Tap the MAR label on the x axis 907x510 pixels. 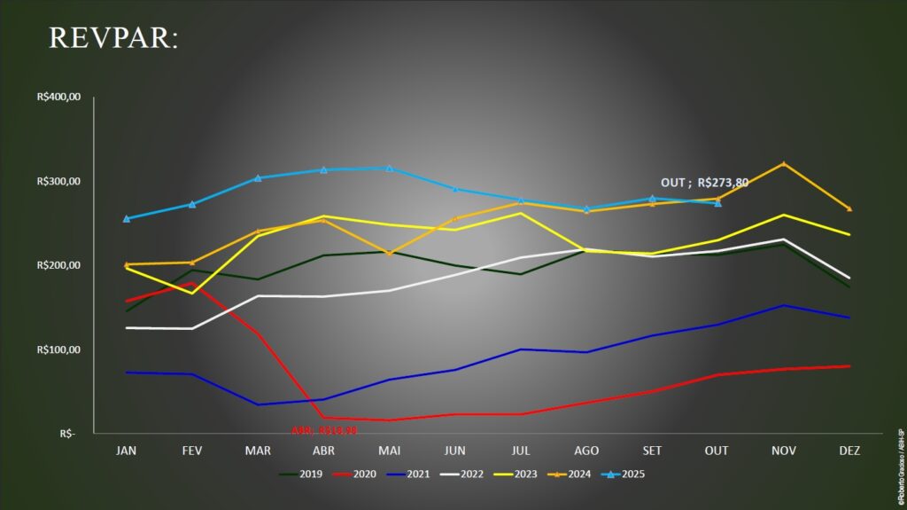(x=258, y=451)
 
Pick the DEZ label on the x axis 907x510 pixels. (x=848, y=451)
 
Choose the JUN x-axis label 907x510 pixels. (x=454, y=451)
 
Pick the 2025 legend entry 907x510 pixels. (x=623, y=474)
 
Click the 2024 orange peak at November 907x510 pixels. (x=783, y=164)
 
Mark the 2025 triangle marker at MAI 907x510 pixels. (x=389, y=168)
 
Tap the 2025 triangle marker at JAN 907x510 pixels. (x=127, y=218)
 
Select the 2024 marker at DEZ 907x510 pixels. (x=849, y=208)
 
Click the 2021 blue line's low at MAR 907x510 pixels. (x=258, y=404)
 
